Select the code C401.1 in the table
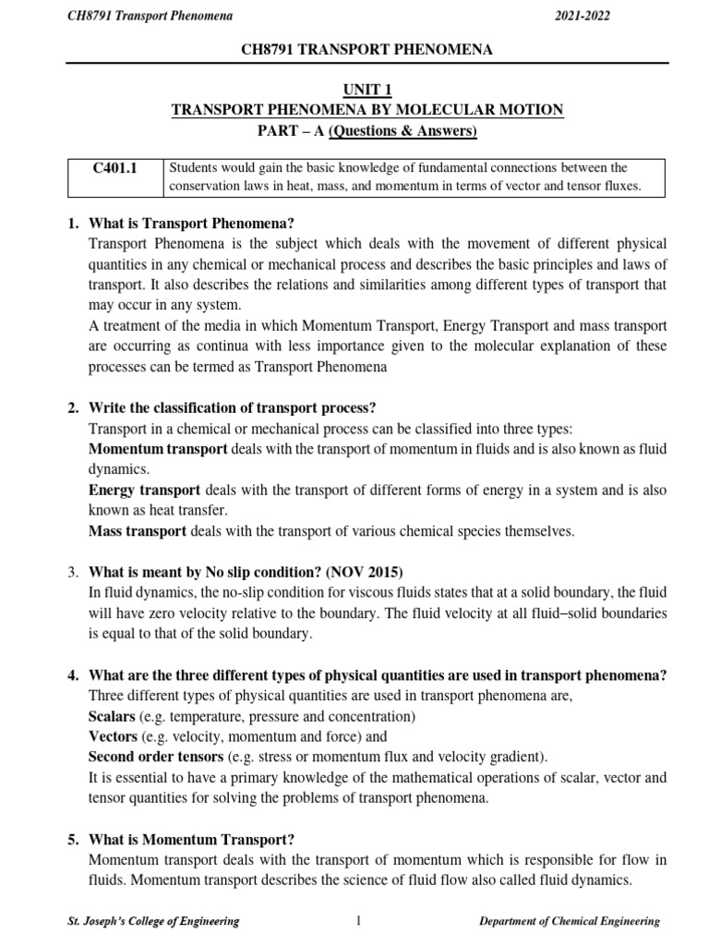(x=114, y=167)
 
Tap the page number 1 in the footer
(x=355, y=920)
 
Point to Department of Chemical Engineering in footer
(x=570, y=921)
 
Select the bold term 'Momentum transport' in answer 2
(x=158, y=449)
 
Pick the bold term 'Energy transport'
(x=145, y=490)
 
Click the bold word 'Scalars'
(x=113, y=717)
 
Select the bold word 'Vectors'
(x=113, y=737)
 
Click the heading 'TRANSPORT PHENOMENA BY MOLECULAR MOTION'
(x=367, y=110)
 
